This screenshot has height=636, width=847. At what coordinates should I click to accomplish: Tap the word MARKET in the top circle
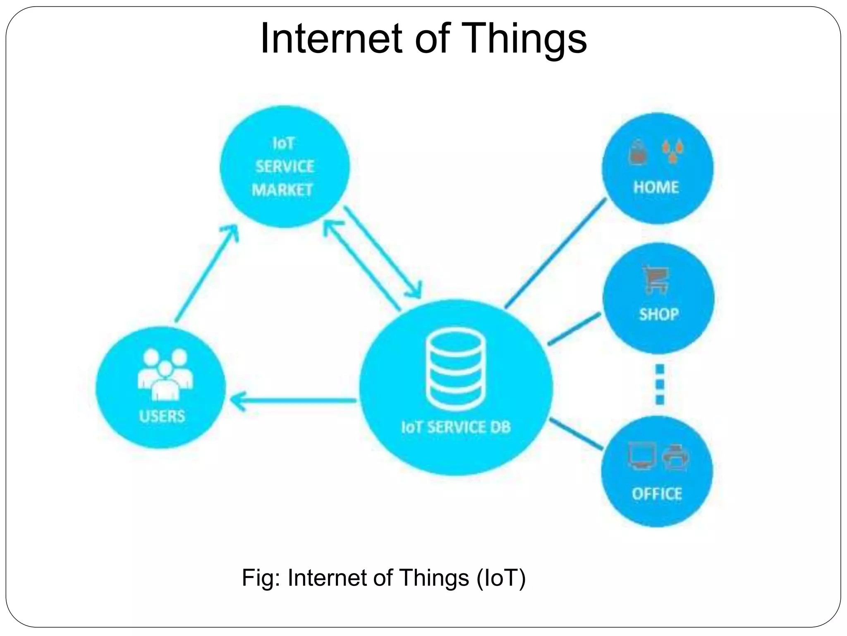pyautogui.click(x=282, y=190)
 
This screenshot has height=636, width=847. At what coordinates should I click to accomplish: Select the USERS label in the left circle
pyautogui.click(x=162, y=416)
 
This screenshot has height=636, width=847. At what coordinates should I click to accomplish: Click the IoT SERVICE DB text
pyautogui.click(x=456, y=427)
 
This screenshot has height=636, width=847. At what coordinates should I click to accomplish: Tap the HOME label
pyautogui.click(x=656, y=188)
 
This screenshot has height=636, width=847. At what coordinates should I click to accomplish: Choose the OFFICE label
pyautogui.click(x=657, y=494)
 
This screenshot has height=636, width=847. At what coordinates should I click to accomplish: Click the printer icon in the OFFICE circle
pyautogui.click(x=676, y=457)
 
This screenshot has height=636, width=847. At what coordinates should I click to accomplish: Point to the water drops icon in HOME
pyautogui.click(x=673, y=152)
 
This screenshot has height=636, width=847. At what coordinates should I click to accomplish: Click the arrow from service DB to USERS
pyautogui.click(x=294, y=401)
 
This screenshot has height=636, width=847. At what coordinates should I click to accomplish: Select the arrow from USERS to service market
pyautogui.click(x=207, y=273)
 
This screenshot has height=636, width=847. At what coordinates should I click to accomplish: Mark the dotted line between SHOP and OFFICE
pyautogui.click(x=660, y=384)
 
